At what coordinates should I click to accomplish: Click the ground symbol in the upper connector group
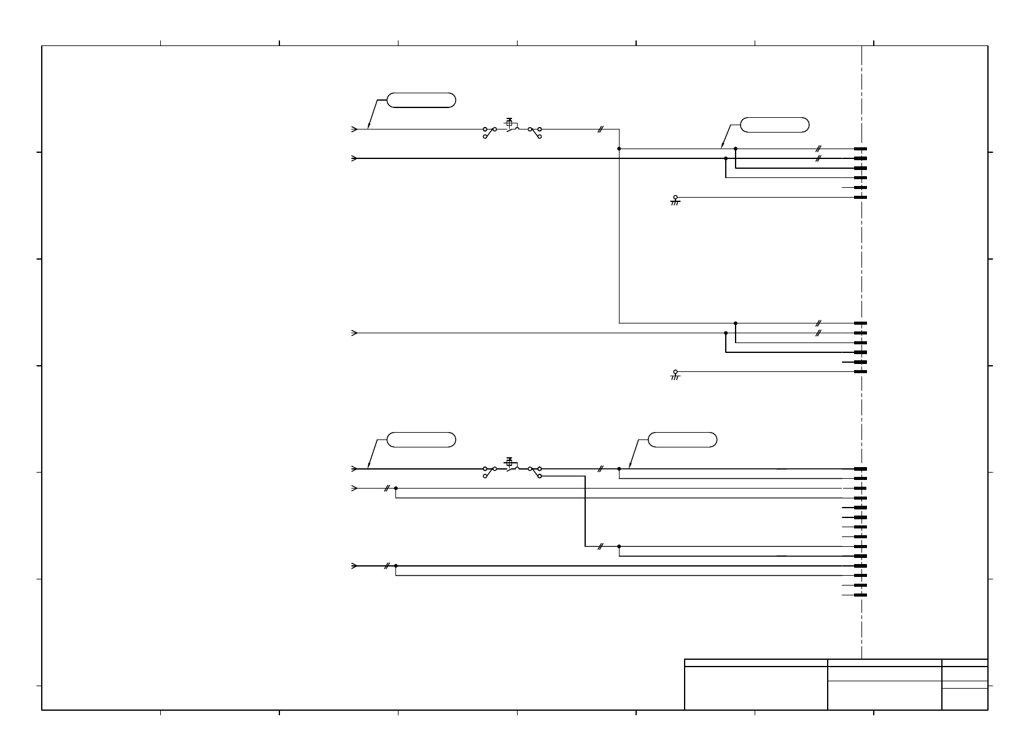(675, 200)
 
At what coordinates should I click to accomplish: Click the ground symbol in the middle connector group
(675, 374)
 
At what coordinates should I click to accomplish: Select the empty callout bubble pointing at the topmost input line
(421, 100)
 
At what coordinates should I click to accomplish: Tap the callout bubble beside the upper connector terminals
(774, 125)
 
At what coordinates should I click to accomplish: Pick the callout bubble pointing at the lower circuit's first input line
(421, 439)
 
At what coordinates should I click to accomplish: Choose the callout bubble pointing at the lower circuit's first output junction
(682, 439)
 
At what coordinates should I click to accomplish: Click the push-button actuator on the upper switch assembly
(509, 122)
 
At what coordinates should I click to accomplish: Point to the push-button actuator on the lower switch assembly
(509, 462)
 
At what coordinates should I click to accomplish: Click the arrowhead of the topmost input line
(354, 130)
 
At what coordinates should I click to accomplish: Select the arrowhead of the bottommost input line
(354, 566)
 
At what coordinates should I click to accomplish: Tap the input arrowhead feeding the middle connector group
(354, 333)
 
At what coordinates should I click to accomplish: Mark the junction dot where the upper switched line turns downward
(619, 149)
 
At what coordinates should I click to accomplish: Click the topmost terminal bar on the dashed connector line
(860, 149)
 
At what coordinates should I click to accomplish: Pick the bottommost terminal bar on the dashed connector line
(860, 595)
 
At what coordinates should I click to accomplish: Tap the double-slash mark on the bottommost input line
(386, 566)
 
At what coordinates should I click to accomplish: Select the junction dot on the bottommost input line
(396, 566)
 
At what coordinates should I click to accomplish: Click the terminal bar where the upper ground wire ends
(860, 197)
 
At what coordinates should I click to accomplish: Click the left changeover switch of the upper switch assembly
(489, 132)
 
